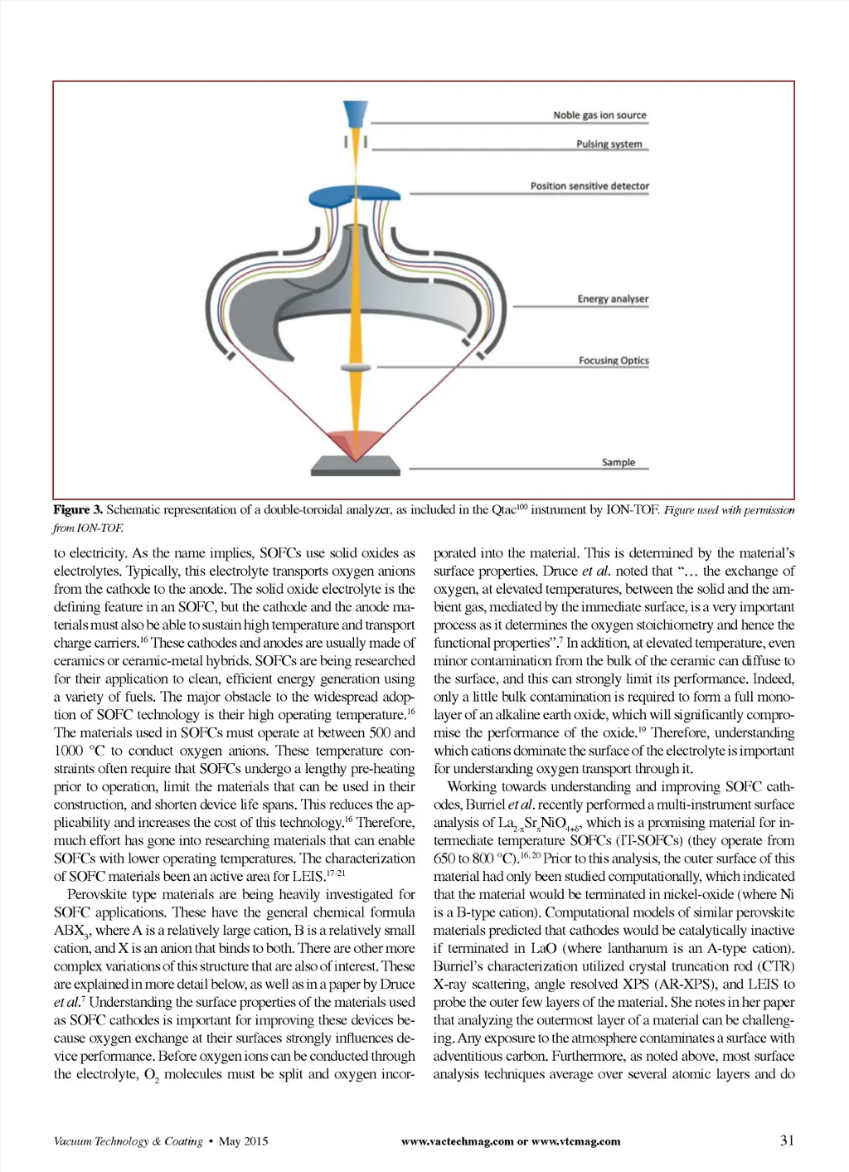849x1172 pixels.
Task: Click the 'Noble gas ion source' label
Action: [x=599, y=115]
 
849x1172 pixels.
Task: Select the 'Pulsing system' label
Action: [x=609, y=143]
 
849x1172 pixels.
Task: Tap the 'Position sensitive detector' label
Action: [x=589, y=186]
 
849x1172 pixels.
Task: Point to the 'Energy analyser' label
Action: [x=613, y=299]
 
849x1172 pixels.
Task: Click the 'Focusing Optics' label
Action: [x=614, y=361]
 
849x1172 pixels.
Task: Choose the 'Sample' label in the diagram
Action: [x=619, y=462]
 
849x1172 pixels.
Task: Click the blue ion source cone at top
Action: [x=356, y=113]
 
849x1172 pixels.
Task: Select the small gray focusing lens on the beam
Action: [x=355, y=367]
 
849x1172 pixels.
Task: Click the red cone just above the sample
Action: [x=355, y=441]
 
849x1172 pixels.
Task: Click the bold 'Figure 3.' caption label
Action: [x=78, y=510]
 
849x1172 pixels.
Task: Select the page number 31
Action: [x=787, y=1140]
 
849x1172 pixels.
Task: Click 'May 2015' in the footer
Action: [x=243, y=1141]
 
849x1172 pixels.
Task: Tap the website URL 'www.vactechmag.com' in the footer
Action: [x=457, y=1141]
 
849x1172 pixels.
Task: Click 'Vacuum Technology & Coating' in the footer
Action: [x=128, y=1141]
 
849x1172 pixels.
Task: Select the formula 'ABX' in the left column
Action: [x=70, y=931]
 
